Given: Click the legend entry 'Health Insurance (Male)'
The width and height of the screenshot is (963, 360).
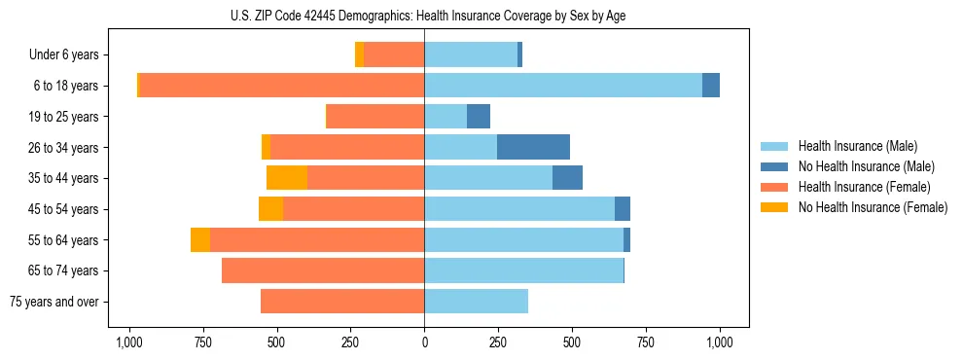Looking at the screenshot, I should [x=856, y=146].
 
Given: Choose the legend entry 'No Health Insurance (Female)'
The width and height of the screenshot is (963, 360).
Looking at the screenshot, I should [x=872, y=207].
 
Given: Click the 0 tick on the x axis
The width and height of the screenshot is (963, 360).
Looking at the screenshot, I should [x=424, y=342].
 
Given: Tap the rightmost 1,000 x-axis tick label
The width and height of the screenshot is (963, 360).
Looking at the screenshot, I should [x=720, y=342].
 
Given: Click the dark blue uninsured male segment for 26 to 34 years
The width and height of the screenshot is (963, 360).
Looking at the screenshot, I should [x=533, y=147].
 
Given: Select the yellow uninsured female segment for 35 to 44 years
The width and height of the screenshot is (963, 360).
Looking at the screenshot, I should [x=287, y=178].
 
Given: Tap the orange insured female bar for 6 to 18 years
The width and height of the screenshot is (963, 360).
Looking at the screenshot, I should [x=282, y=86].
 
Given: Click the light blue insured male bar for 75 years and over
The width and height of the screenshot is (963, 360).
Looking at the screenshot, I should [x=476, y=302].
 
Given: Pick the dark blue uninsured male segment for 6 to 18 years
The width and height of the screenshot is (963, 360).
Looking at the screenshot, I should [x=711, y=86].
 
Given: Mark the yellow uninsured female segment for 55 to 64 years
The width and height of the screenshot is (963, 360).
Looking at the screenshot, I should [x=200, y=239].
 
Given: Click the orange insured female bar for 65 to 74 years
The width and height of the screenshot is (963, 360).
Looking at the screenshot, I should [x=323, y=270].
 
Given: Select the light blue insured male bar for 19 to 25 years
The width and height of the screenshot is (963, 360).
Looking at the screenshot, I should [x=446, y=117].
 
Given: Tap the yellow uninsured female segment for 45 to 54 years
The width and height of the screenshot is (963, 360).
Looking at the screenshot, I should [x=271, y=209].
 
